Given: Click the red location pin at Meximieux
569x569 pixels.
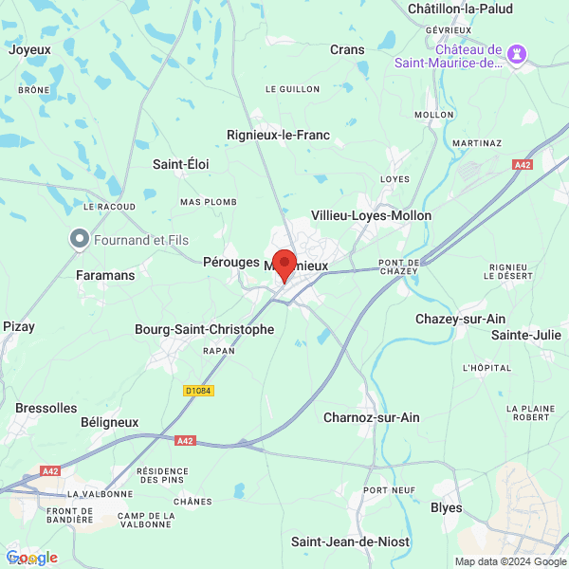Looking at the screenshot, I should pos(284,264).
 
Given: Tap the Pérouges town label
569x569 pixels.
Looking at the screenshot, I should pos(230,261).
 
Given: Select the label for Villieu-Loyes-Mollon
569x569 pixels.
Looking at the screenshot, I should pos(372,215).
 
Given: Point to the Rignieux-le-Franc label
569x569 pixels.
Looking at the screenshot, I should pos(278,136).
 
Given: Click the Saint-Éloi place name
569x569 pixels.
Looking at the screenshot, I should pos(180,164).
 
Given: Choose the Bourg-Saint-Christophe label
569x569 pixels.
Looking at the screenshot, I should pos(204,330).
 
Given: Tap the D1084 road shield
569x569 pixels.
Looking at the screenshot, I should pos(198,390).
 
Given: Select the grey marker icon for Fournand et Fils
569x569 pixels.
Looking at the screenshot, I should pos(80,239).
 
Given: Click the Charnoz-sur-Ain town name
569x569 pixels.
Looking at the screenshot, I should pos(371,417).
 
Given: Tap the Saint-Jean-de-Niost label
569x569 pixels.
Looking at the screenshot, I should pos(350,541).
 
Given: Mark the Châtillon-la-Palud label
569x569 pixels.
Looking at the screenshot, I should pos(459,9).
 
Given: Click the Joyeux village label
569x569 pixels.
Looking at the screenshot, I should pos(29,49).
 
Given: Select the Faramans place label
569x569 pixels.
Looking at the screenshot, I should pos(104,274).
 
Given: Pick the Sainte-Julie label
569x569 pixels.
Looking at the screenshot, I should pos(524,335).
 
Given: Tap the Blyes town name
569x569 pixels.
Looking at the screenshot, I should pos(447,508).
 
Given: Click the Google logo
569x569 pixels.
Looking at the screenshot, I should pos(31,558).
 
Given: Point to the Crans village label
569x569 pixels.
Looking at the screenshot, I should pos(347,49).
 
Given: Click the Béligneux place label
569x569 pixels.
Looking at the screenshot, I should pos(109,422).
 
